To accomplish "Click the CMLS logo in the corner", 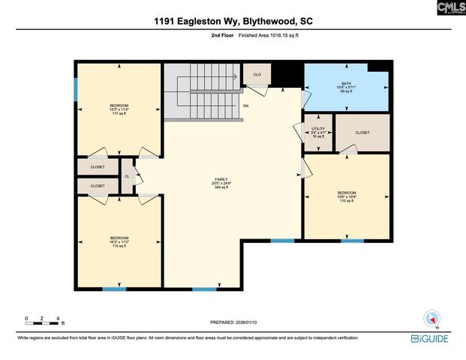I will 449,8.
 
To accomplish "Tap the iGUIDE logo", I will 430,340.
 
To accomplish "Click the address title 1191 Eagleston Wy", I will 233,22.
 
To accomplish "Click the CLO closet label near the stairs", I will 256,75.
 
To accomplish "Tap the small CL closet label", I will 128,177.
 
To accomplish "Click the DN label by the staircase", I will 245,106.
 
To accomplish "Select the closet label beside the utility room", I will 362,133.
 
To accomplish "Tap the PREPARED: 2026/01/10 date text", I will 233,322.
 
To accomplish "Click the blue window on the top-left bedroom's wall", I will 75,88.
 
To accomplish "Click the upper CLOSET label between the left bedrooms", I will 98,167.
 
